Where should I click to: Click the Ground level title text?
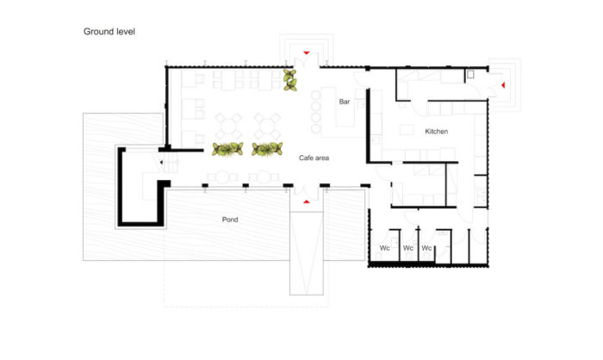109,32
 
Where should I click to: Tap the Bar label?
345,102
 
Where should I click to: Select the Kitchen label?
436,131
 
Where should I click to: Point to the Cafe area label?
314,158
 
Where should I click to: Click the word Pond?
230,220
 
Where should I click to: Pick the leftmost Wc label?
384,248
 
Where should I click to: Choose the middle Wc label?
408,248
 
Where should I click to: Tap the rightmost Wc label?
426,248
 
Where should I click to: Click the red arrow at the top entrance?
306,53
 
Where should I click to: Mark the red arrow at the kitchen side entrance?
502,85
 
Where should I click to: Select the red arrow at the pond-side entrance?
306,202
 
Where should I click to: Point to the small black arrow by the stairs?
162,162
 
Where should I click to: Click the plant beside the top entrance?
290,80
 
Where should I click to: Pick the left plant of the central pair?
227,149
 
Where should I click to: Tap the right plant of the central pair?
267,149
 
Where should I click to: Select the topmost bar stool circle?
316,95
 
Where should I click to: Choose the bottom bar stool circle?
316,128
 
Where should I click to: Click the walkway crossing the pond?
307,253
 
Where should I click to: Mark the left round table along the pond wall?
222,177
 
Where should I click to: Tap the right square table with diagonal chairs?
268,126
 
